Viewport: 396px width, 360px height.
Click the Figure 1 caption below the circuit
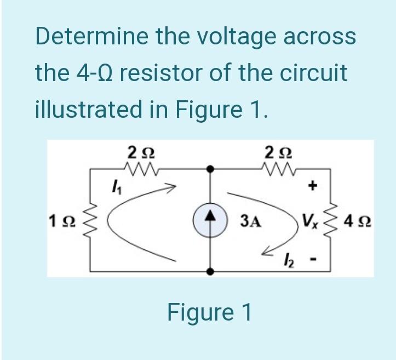[209, 312]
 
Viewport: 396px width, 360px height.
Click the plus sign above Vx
[313, 186]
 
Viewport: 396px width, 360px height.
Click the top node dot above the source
[210, 169]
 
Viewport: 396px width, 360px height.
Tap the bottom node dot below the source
[210, 271]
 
